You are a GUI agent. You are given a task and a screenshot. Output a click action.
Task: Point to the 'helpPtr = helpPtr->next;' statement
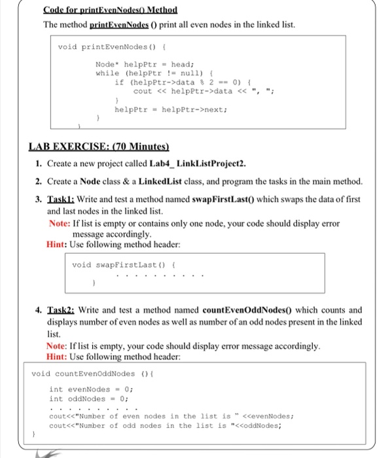(x=172, y=110)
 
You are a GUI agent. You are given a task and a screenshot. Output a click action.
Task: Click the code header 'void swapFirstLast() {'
(x=111, y=264)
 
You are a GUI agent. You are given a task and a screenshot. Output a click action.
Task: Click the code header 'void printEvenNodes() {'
(x=107, y=46)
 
